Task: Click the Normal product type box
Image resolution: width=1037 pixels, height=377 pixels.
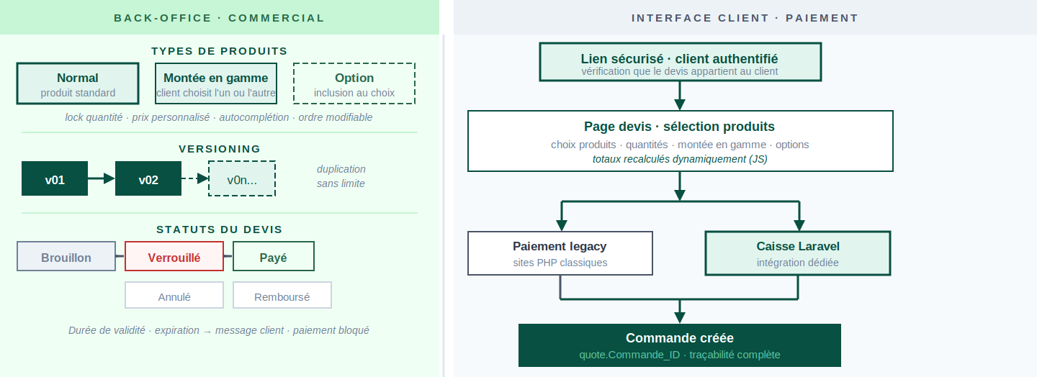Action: [x=78, y=83]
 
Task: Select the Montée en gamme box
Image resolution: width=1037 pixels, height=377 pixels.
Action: [x=216, y=83]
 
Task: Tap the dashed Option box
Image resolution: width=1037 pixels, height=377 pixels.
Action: [x=354, y=83]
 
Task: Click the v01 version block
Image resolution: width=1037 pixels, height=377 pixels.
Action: [x=55, y=178]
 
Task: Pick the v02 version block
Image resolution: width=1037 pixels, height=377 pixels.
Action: [x=148, y=178]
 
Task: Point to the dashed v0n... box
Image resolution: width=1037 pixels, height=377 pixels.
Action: [x=242, y=178]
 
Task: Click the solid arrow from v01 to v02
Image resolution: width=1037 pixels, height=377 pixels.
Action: [x=102, y=178]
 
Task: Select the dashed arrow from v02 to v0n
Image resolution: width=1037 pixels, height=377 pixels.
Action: [x=195, y=178]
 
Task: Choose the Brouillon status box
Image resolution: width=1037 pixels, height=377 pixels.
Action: [x=66, y=256]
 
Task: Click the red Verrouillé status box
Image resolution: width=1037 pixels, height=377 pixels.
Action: [x=174, y=256]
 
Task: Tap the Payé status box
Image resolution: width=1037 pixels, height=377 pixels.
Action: [x=273, y=256]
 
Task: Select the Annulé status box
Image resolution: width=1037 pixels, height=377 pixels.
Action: [x=174, y=295]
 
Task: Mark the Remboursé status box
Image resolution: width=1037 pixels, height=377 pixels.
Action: [x=282, y=295]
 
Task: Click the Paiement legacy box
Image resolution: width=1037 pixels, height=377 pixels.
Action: [x=560, y=253]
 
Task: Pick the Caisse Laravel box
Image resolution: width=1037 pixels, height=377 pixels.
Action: [x=798, y=253]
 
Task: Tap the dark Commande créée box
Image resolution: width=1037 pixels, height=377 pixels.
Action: [x=680, y=345]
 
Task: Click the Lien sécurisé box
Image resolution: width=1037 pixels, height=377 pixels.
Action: [x=680, y=62]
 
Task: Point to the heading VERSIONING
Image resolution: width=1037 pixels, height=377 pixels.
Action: [x=220, y=149]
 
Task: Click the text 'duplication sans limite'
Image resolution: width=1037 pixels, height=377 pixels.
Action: [x=341, y=176]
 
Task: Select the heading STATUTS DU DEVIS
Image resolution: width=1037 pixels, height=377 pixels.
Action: [x=220, y=230]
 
